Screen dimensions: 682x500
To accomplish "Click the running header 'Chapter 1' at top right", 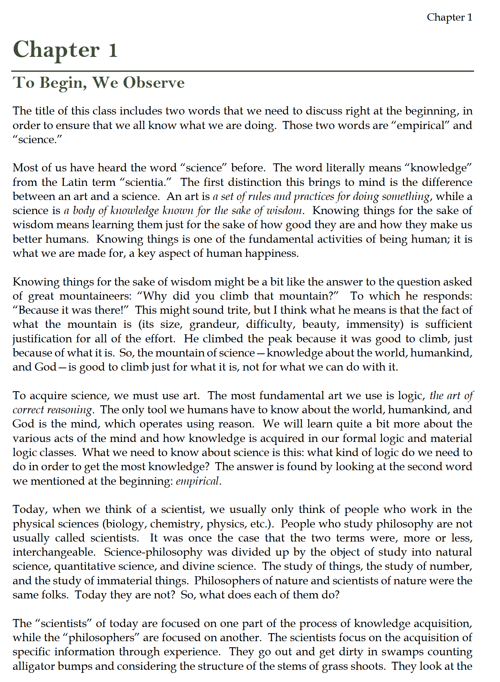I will (x=449, y=17).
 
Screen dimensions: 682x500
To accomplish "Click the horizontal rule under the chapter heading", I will (x=243, y=71).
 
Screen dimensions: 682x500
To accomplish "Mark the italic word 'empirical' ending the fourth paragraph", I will (x=198, y=481).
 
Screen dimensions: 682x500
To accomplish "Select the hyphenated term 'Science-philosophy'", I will (x=153, y=552).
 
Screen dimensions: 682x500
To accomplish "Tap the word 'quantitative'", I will (x=85, y=566).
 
